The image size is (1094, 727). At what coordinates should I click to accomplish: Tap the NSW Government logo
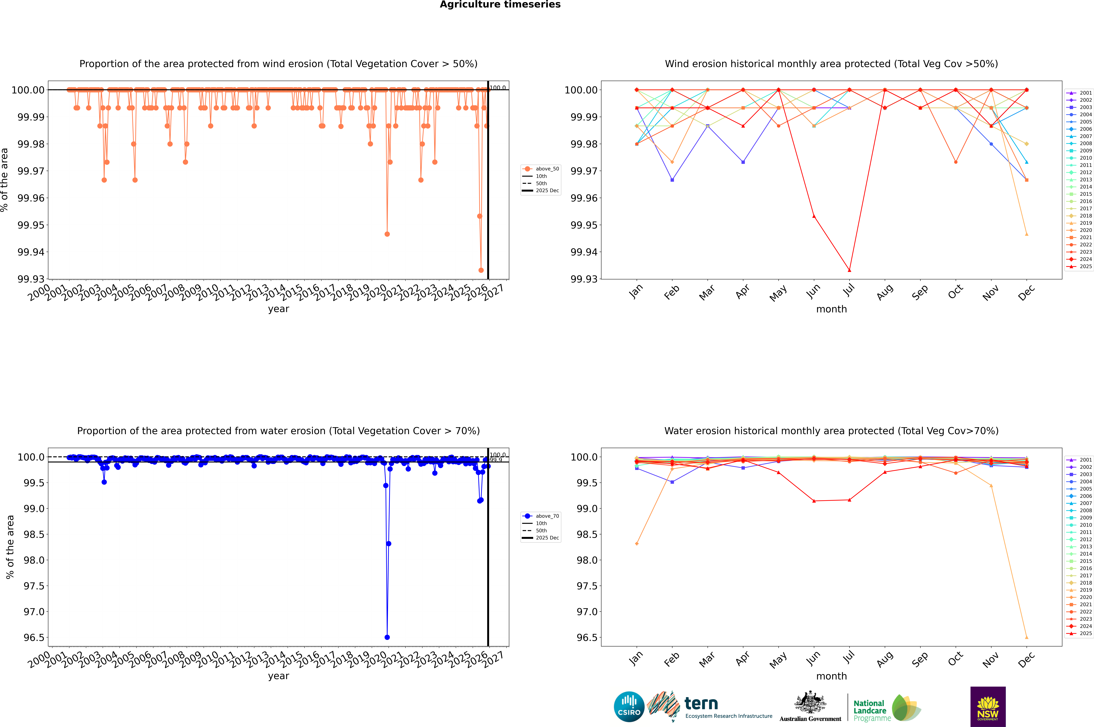tap(988, 707)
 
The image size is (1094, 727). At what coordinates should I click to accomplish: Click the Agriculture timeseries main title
tap(500, 5)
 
